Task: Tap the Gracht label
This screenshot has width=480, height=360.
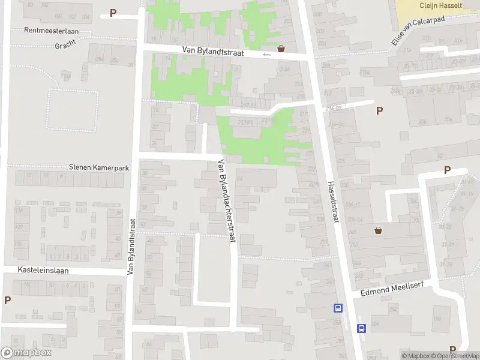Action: tap(65, 46)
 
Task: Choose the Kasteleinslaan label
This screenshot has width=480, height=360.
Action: tap(43, 271)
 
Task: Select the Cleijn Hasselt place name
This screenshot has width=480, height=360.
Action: tap(441, 4)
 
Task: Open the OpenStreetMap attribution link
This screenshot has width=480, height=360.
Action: tap(455, 356)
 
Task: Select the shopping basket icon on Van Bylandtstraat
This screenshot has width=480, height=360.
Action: tap(281, 49)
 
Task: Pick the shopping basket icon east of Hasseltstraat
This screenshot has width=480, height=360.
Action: tap(379, 230)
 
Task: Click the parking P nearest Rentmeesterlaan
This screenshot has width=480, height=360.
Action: tap(113, 13)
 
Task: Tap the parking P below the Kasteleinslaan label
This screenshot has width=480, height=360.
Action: tap(7, 300)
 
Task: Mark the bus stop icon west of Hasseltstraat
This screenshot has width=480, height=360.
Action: tap(338, 308)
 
